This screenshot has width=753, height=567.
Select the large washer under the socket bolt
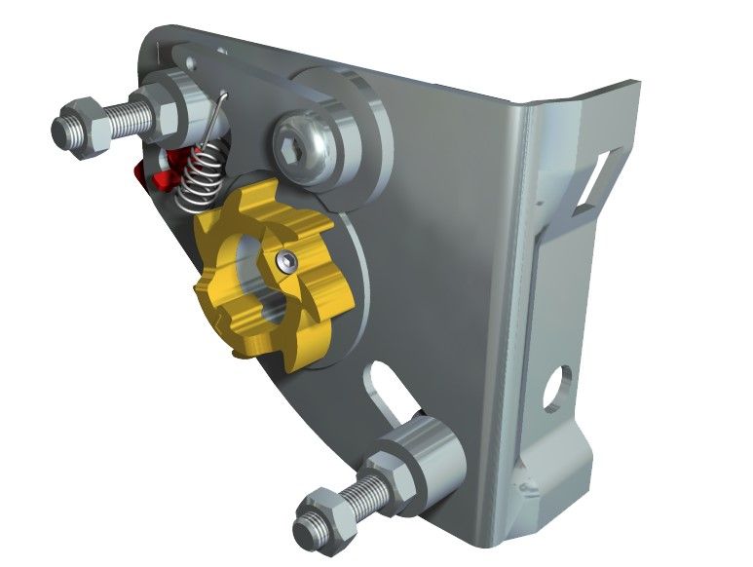tap(341, 136)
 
